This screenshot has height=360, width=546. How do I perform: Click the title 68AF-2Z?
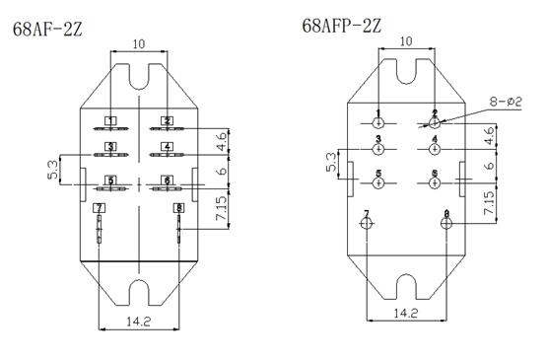47,30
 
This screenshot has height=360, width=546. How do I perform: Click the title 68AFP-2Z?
342,26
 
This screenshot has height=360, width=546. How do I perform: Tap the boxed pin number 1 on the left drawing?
110,121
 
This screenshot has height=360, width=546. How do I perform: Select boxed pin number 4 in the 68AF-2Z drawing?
168,147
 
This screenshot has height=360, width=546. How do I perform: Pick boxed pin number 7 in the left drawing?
99,208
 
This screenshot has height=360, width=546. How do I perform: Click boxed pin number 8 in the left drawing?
179,208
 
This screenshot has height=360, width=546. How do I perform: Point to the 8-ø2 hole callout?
506,102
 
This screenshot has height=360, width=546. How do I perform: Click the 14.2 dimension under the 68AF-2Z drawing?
138,322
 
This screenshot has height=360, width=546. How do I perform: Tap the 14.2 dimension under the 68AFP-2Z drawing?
406,313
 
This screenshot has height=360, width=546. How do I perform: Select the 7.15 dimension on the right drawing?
489,202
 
